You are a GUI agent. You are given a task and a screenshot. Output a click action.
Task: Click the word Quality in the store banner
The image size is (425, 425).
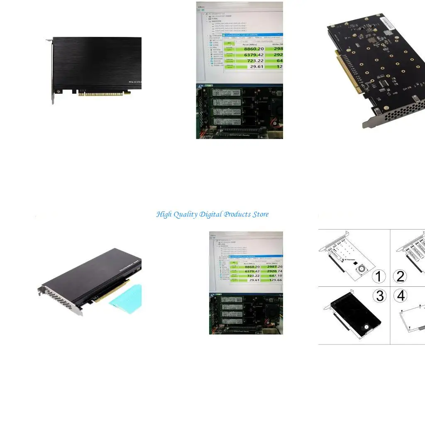tap(185, 215)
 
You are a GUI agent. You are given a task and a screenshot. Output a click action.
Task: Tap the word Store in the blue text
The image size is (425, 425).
tap(258, 215)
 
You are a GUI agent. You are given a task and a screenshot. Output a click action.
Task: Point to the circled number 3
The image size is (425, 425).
tap(379, 296)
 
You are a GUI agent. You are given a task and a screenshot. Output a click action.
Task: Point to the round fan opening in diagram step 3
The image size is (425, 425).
tap(367, 327)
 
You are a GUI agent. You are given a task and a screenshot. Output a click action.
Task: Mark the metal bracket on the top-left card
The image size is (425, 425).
tap(52, 71)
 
